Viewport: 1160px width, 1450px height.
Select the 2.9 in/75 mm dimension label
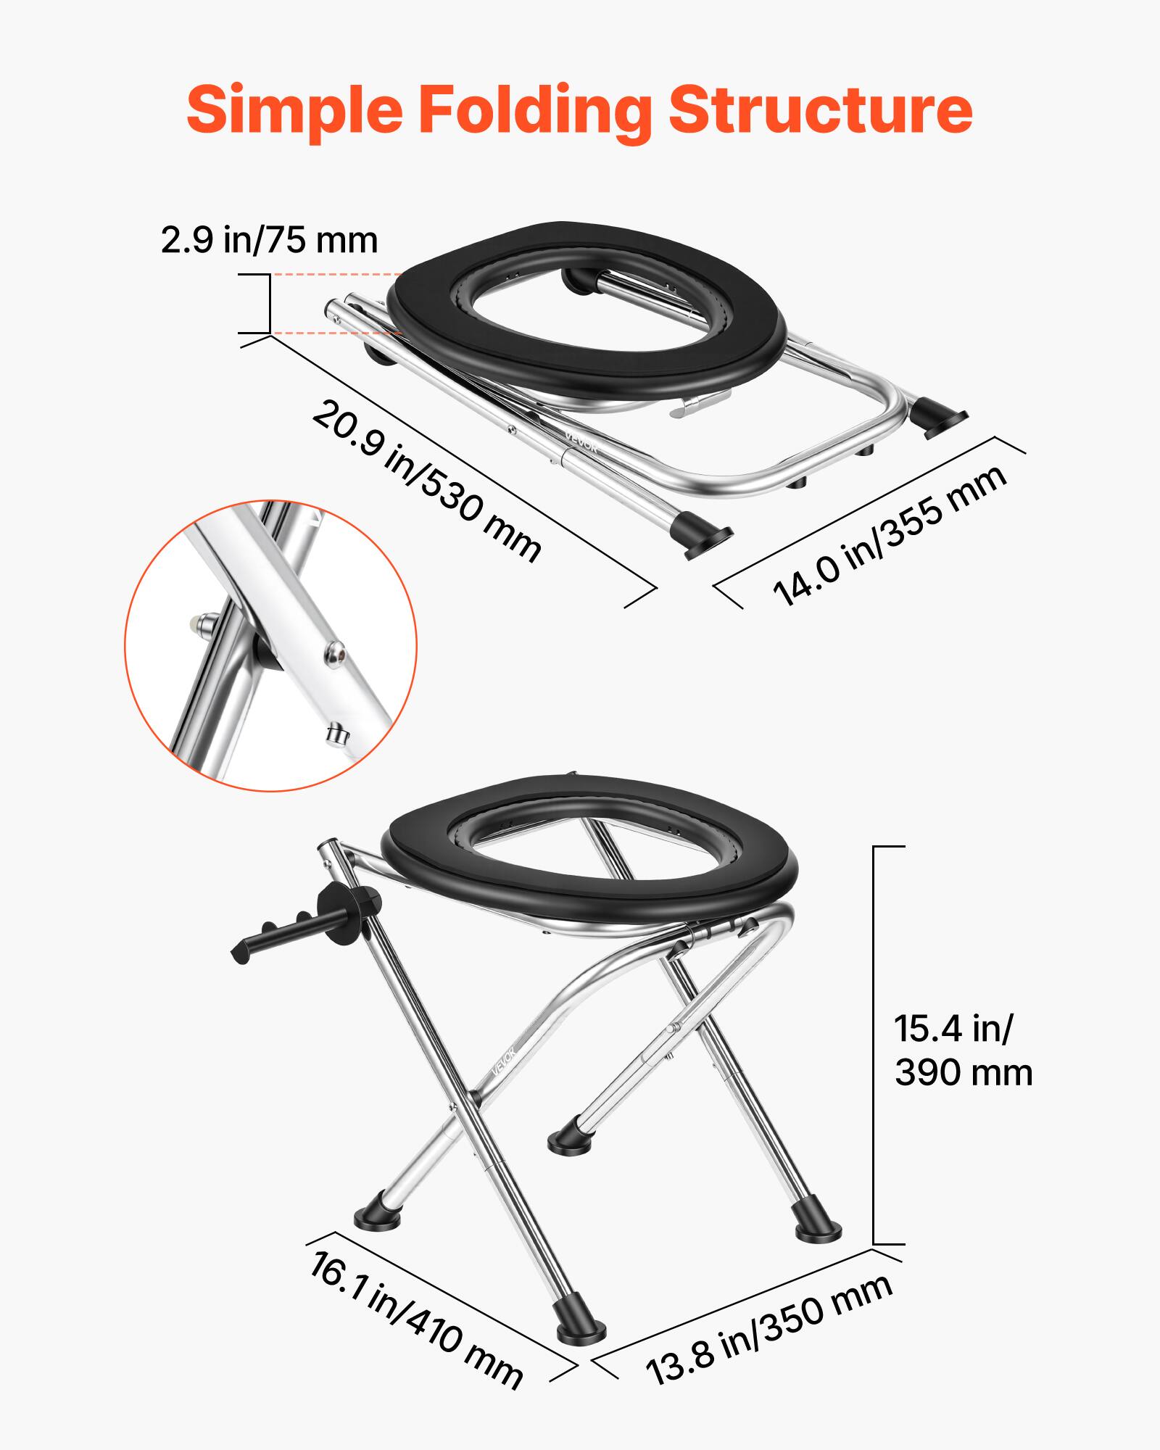(x=269, y=240)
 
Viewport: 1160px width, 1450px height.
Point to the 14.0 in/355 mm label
(x=890, y=536)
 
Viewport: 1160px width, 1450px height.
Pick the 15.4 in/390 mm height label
(x=963, y=1051)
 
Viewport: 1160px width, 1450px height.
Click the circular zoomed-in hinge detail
(x=270, y=645)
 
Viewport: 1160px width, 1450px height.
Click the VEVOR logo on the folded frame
(x=581, y=442)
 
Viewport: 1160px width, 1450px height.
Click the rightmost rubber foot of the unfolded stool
(x=819, y=1230)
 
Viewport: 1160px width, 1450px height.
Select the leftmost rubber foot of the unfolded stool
(x=376, y=1219)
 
